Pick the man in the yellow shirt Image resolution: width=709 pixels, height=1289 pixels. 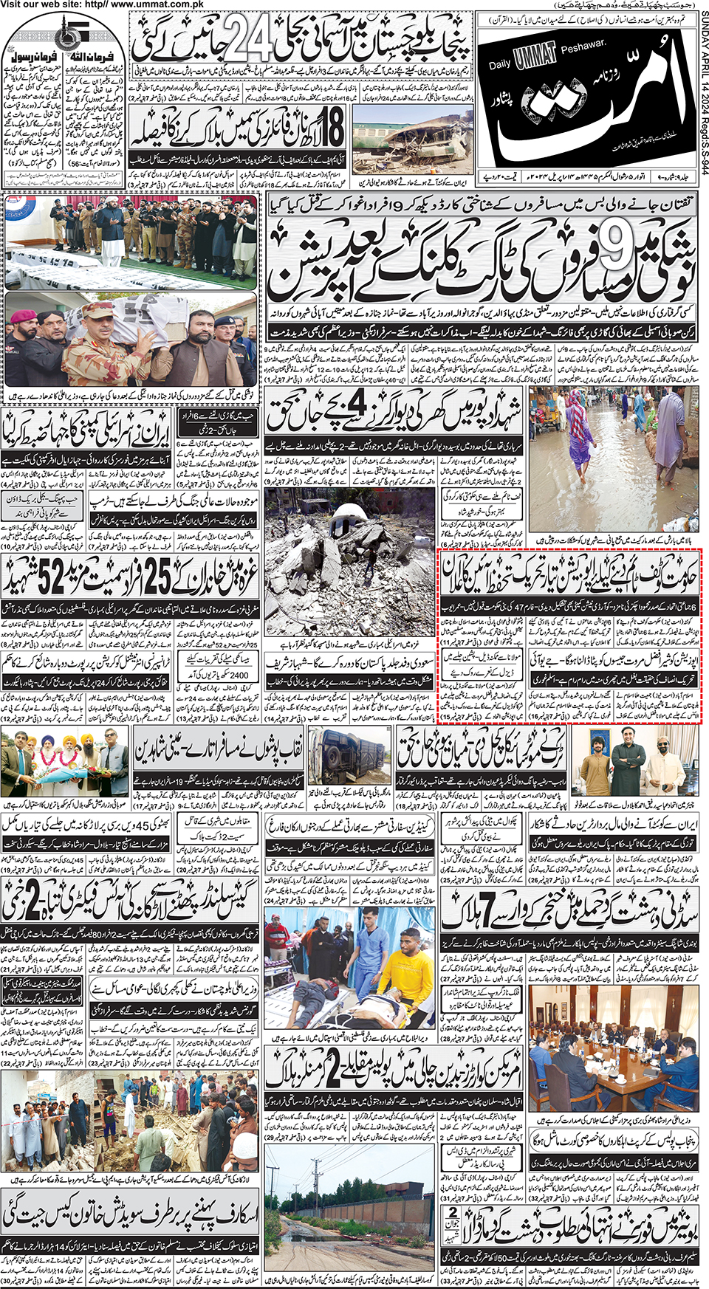click(x=410, y=967)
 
